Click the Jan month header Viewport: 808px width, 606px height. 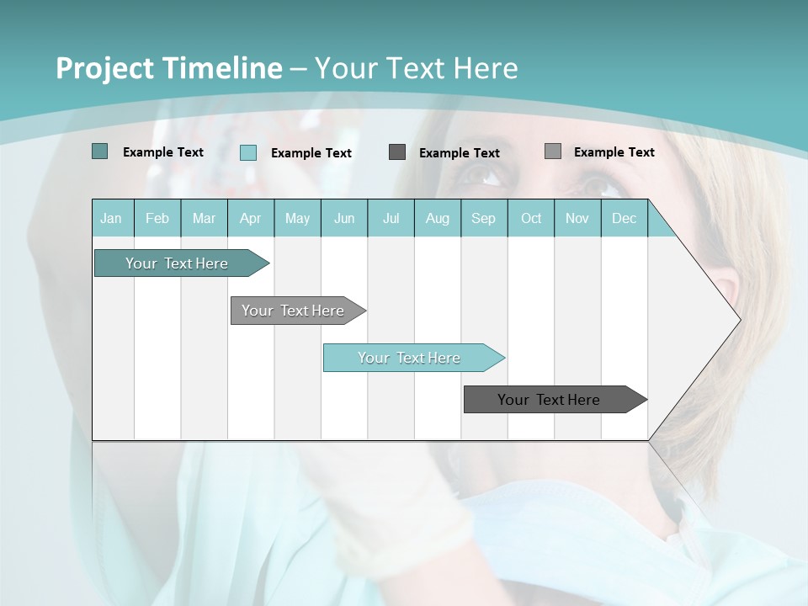point(111,218)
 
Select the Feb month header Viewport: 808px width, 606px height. point(157,218)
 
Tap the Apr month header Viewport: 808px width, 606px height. point(251,218)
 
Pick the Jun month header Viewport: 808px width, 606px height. point(344,218)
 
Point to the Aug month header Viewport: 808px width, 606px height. point(438,218)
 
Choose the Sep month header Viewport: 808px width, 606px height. point(484,218)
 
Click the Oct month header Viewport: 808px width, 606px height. point(531,218)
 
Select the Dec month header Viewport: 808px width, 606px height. point(625,218)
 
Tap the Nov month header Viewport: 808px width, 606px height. point(577,218)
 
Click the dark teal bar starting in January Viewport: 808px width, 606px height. point(177,263)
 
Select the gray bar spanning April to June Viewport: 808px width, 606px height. point(293,311)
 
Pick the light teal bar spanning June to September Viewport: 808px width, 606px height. point(409,358)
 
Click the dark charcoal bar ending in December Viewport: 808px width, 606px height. point(549,400)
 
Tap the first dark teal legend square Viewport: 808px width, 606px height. point(99,151)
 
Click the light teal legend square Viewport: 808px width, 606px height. point(248,152)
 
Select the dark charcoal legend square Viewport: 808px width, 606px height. point(397,151)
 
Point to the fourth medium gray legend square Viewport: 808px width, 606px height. point(553,151)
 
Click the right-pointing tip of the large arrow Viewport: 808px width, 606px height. point(737,320)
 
